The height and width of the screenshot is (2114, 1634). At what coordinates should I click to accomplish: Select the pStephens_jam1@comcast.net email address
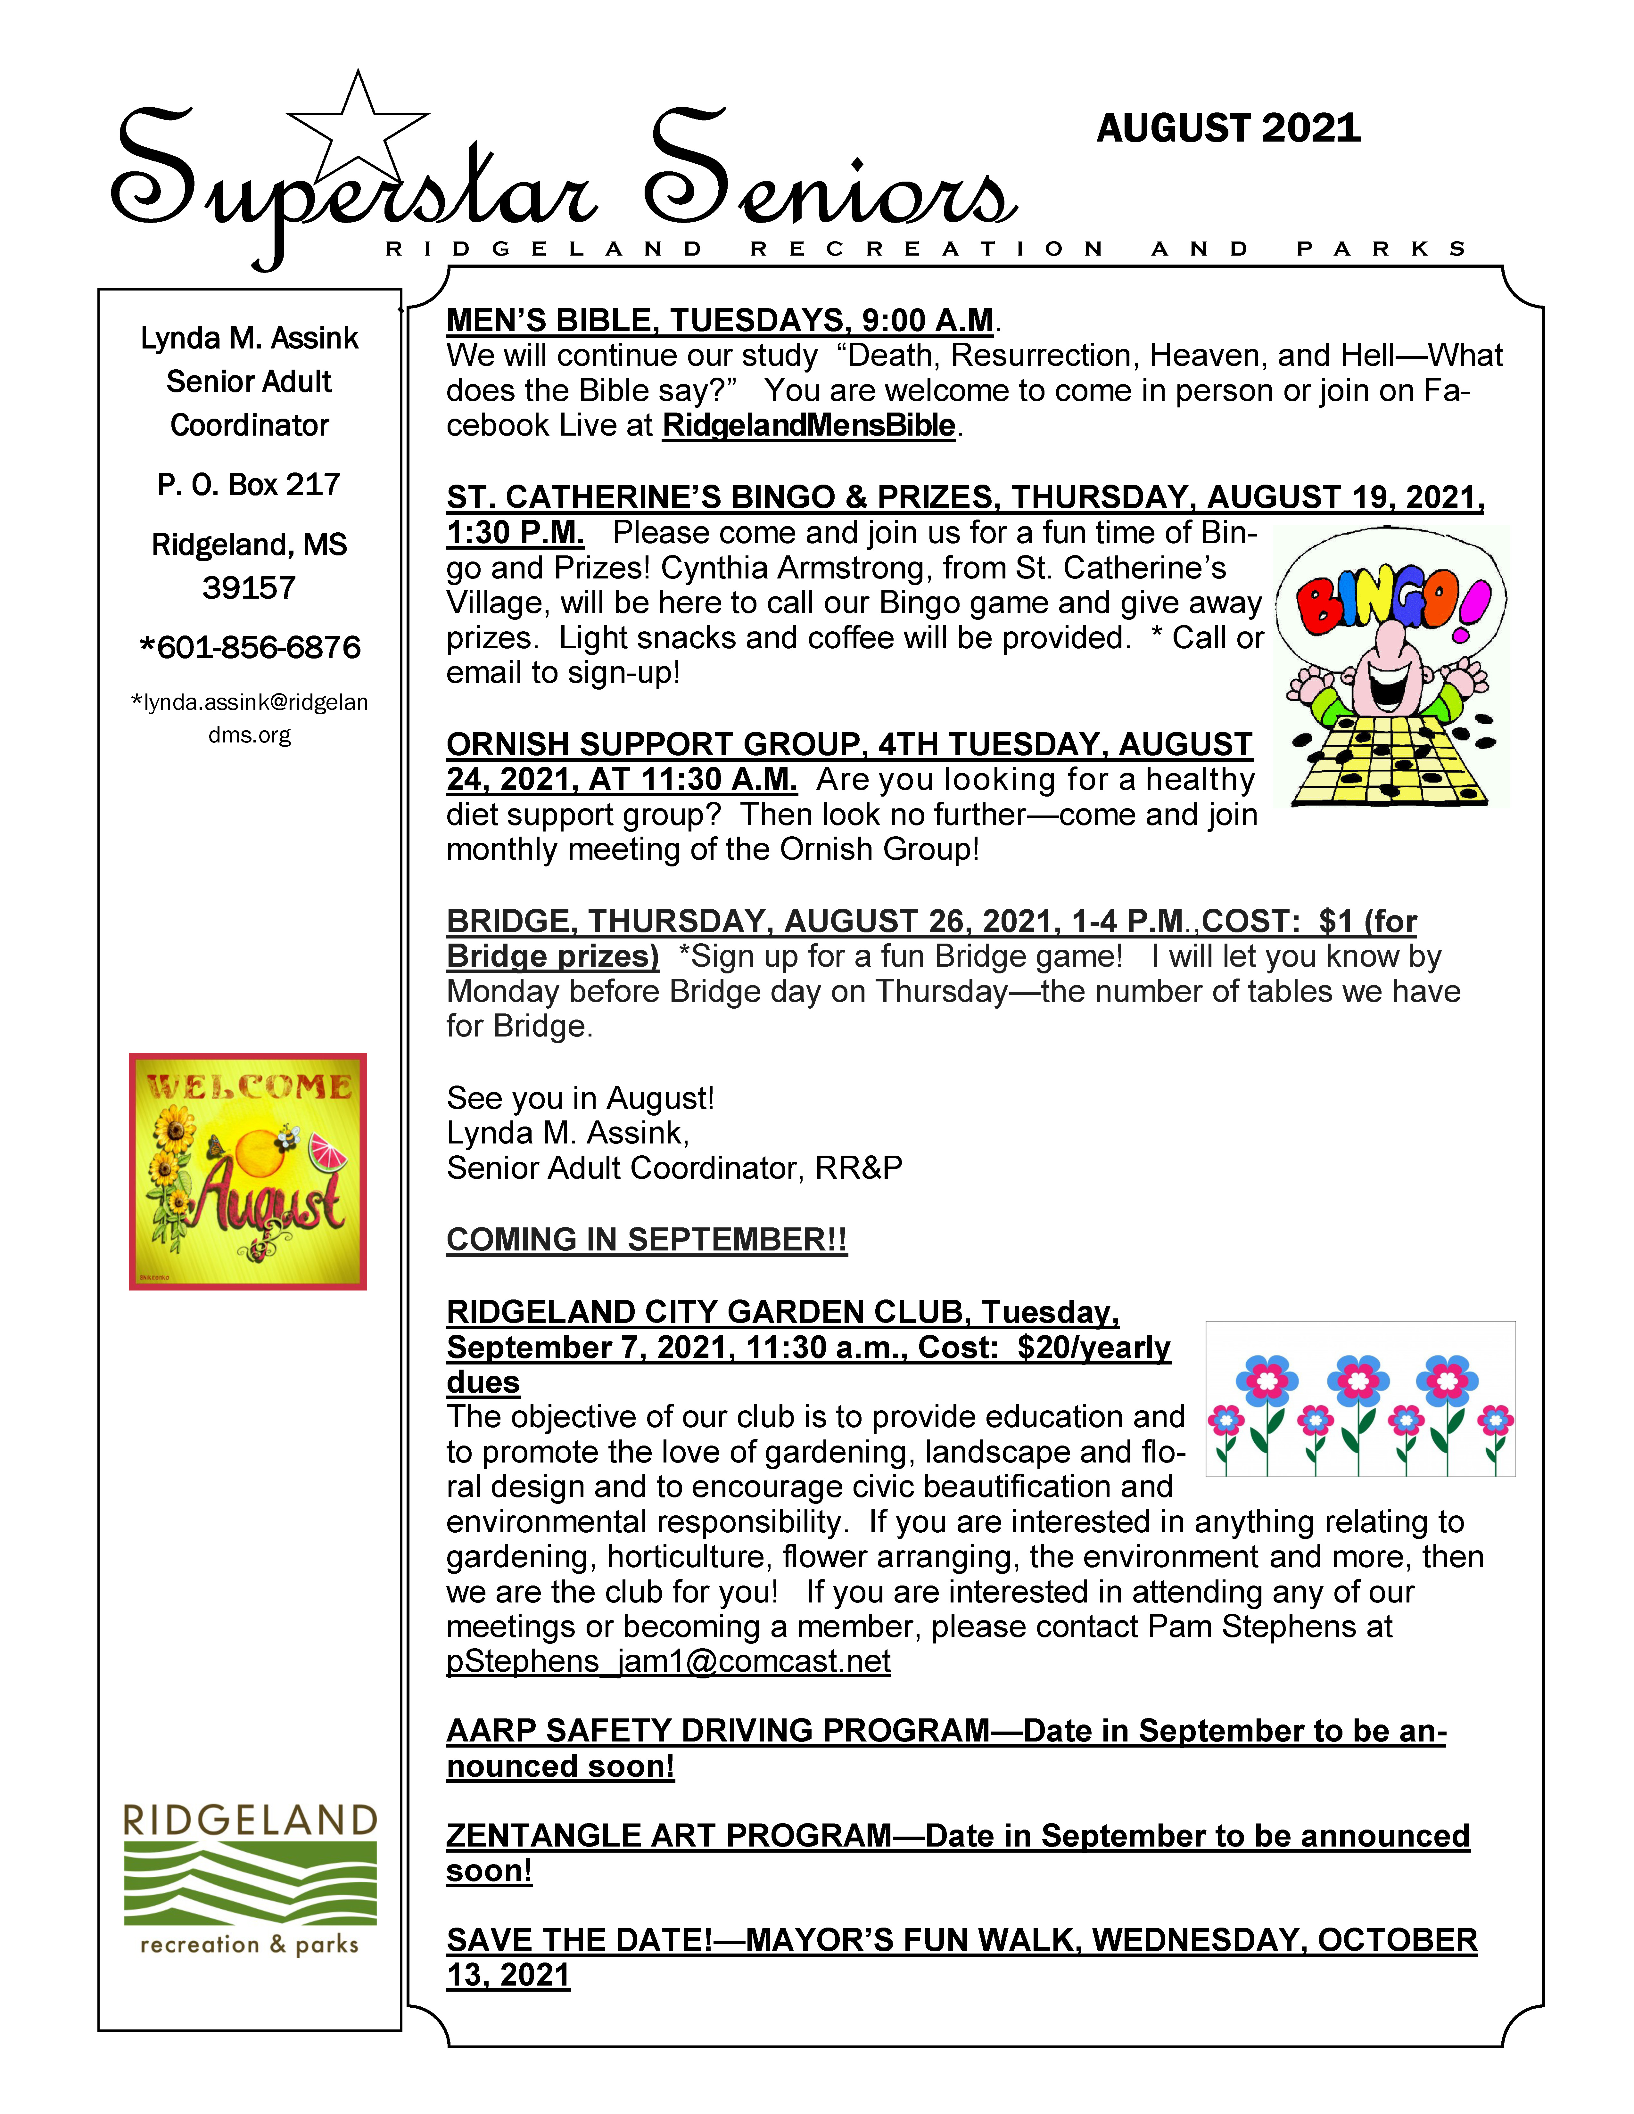coord(668,1661)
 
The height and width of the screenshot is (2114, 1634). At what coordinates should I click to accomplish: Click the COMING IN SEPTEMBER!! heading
coord(647,1240)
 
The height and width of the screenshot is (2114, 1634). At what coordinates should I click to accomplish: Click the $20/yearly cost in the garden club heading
coord(1094,1348)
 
